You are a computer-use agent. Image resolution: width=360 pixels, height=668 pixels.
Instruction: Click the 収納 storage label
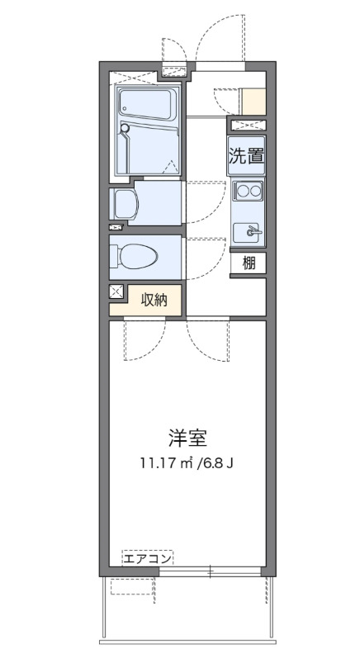154,300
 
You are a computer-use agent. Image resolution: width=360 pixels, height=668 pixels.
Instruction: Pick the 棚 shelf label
249,263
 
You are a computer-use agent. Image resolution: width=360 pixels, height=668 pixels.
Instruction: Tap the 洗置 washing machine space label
248,154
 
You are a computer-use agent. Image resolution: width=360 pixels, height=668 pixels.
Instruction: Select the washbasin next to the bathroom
126,202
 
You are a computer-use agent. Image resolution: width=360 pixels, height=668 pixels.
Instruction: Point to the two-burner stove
248,192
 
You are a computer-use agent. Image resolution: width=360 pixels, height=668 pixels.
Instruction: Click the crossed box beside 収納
116,291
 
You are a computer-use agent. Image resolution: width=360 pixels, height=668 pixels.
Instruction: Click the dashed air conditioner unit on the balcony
131,586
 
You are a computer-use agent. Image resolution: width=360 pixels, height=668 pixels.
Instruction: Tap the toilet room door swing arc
206,252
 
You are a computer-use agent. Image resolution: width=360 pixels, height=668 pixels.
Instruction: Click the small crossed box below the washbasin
115,226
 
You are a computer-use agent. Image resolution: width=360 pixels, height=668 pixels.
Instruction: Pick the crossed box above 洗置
248,125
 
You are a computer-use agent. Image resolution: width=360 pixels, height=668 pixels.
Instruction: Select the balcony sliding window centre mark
211,571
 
